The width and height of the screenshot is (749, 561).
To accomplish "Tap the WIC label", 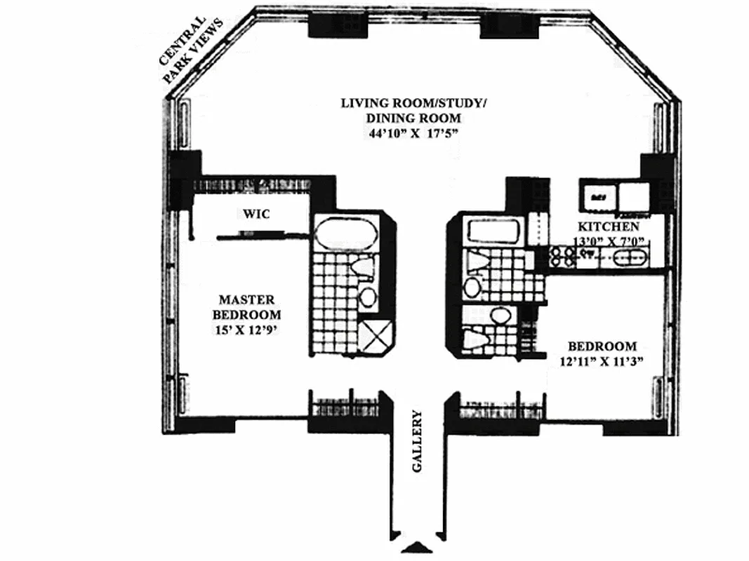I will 257,212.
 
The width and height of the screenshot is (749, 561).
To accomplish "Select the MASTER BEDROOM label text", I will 248,306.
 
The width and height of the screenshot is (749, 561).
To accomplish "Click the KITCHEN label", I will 608,227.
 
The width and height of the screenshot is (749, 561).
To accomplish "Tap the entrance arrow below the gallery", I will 419,548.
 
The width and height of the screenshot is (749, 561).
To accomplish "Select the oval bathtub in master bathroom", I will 345,232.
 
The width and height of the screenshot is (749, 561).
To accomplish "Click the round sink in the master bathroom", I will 367,296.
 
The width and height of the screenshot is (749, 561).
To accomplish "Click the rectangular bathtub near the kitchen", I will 491,231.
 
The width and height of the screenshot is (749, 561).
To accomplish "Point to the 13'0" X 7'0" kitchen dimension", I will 608,241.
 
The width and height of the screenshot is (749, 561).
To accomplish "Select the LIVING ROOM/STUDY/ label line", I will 413,104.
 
